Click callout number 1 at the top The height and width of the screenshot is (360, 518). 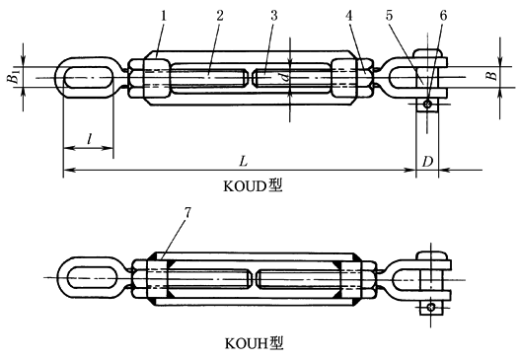pyautogui.click(x=164, y=16)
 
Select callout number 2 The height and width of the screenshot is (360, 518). pyautogui.click(x=220, y=16)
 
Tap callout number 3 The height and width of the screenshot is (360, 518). pyautogui.click(x=274, y=16)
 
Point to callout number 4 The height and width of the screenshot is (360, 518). pyautogui.click(x=349, y=16)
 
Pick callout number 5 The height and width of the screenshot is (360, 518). pyautogui.click(x=389, y=16)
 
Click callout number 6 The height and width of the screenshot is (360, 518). pyautogui.click(x=443, y=16)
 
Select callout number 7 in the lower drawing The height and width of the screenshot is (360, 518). pyautogui.click(x=187, y=213)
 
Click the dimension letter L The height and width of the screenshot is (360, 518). pyautogui.click(x=243, y=162)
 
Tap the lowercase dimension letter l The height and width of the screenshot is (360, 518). pyautogui.click(x=89, y=139)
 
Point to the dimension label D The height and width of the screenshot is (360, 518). pyautogui.click(x=427, y=162)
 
